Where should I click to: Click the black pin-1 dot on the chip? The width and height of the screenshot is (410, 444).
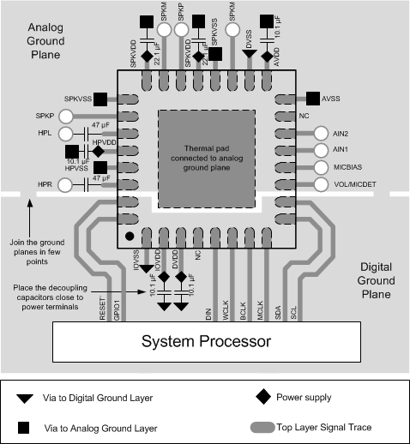coord(130,235)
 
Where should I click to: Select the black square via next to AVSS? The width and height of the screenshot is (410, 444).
coord(312,99)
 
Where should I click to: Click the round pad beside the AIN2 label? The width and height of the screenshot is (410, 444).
coord(320,134)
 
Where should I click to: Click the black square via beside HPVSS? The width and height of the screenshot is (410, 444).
coord(101,167)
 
